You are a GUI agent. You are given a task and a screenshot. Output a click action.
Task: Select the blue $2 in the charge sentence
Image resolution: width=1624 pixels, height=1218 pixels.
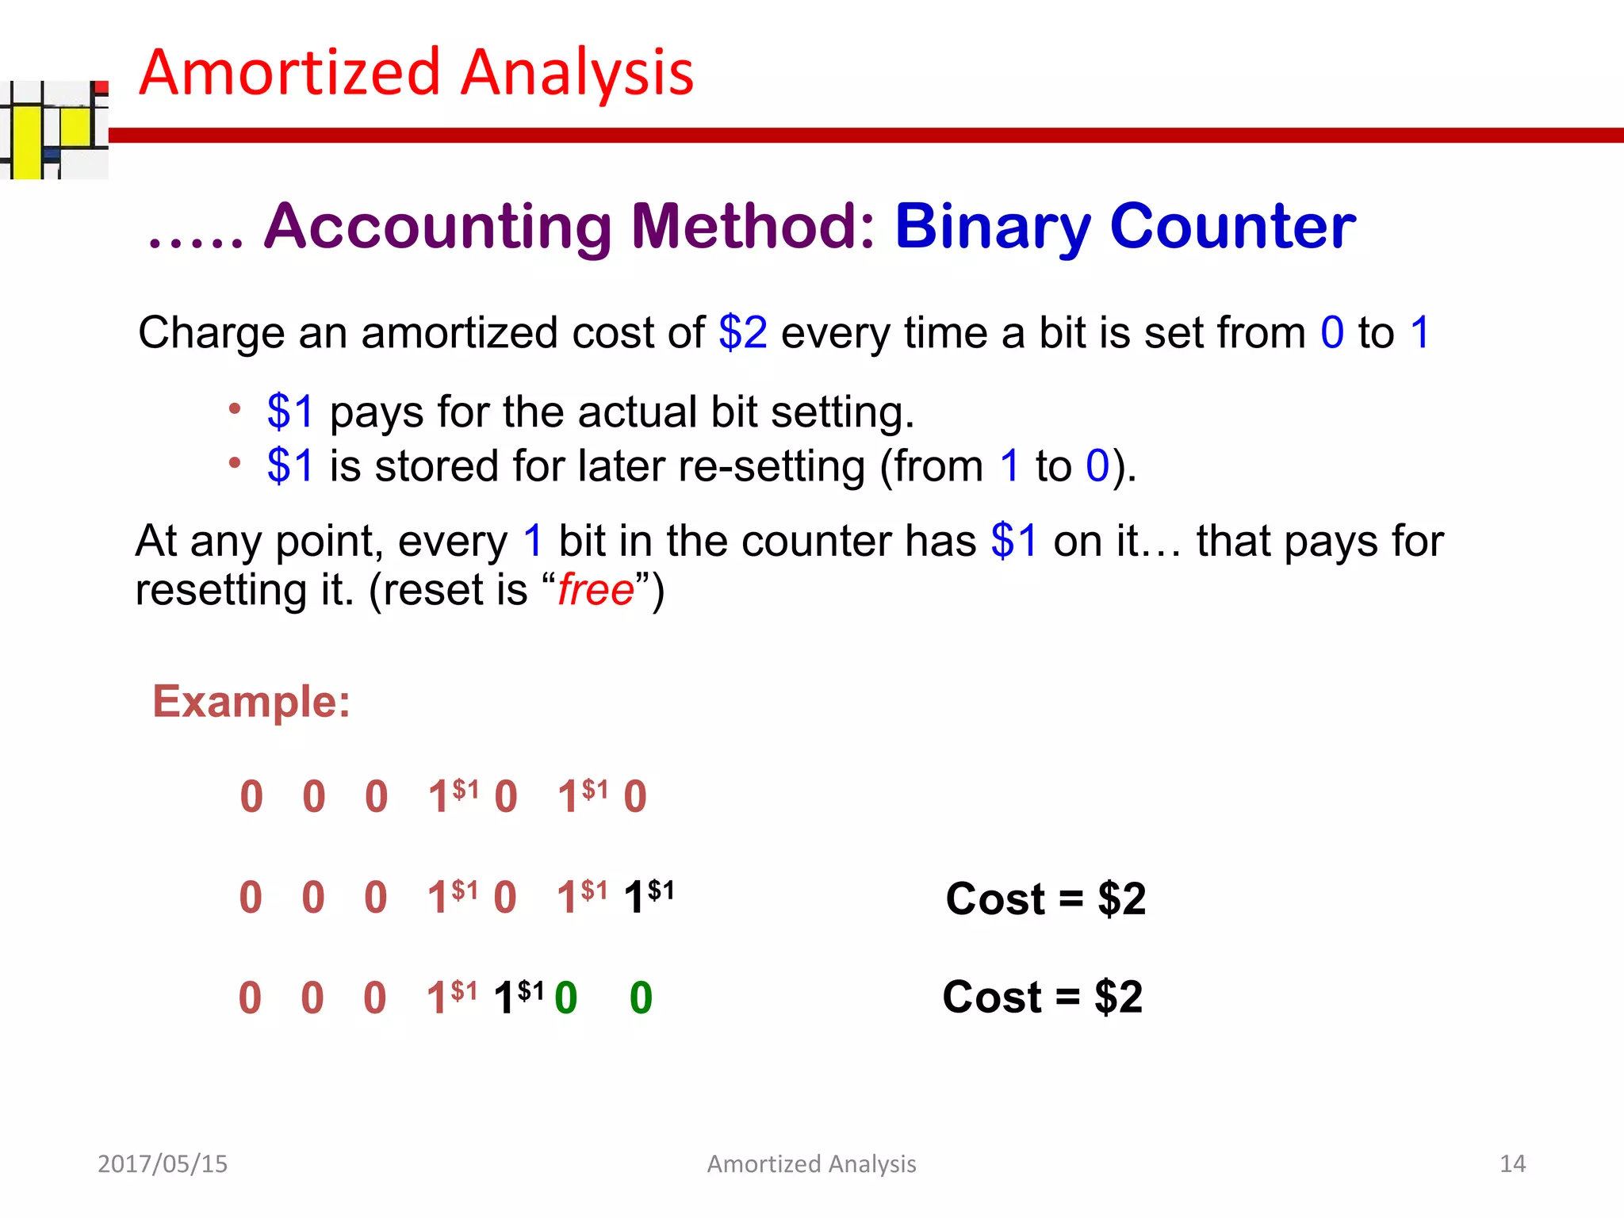tap(742, 332)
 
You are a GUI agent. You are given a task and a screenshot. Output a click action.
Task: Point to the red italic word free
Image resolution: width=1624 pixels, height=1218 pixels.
tap(596, 591)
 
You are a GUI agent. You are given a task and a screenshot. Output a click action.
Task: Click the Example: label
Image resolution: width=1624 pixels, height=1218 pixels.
tap(251, 702)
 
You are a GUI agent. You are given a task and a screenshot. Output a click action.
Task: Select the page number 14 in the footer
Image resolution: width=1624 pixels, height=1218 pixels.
tap(1512, 1163)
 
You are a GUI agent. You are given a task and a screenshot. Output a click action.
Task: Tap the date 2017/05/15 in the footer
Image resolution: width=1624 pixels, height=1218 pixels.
tap(162, 1163)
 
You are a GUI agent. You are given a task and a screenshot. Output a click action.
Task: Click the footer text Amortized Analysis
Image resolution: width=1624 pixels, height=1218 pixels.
tap(811, 1163)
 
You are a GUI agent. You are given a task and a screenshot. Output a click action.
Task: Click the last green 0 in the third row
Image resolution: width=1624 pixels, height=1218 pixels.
tap(641, 998)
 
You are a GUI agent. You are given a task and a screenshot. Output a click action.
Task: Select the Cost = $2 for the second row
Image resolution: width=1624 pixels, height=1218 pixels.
tap(1045, 899)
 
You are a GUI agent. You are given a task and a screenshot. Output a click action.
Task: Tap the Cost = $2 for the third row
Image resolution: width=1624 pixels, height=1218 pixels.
tap(1042, 997)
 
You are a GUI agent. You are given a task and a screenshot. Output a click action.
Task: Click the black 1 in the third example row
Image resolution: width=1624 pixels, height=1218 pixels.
tap(504, 998)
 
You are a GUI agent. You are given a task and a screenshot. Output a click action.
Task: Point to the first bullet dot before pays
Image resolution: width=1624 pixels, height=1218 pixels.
tap(234, 409)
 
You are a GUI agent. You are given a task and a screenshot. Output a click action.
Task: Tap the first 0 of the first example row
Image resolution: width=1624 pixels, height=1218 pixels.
tap(251, 797)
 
